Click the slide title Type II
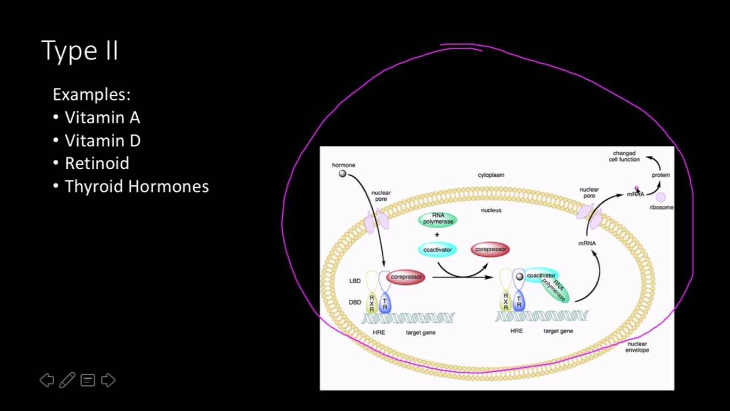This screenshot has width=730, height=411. [79, 51]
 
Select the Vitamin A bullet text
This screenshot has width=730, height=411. [102, 118]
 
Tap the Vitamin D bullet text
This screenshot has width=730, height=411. [103, 140]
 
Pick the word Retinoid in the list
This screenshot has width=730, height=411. [97, 163]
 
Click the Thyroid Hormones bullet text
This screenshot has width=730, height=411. [137, 186]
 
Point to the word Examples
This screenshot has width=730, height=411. [92, 95]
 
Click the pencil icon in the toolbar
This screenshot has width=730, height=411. [67, 380]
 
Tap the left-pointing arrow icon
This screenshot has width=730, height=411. [47, 380]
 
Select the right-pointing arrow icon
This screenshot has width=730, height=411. [108, 380]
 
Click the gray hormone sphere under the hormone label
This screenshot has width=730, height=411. [342, 174]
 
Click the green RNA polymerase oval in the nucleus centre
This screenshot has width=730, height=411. [437, 219]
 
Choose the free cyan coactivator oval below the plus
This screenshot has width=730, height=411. [437, 249]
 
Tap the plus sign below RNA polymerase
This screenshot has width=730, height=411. [437, 235]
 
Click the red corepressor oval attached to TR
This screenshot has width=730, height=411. [405, 277]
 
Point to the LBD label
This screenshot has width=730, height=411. [355, 281]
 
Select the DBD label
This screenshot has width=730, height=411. [355, 303]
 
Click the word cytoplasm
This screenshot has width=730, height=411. [491, 175]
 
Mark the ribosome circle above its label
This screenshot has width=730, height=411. [660, 197]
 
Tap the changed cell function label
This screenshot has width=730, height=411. [624, 156]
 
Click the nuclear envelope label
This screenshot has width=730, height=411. [637, 347]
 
